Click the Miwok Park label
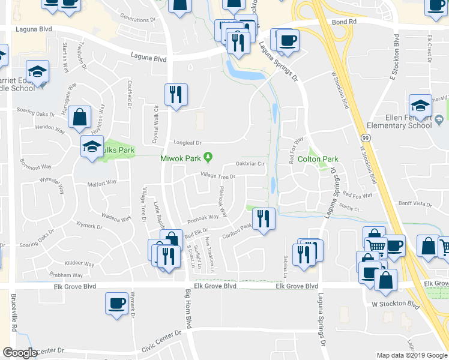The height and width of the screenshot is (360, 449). (x=179, y=158)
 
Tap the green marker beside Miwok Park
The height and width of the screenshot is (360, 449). (x=208, y=158)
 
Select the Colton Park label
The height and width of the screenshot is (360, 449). (x=323, y=159)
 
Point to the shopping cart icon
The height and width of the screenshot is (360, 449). (x=376, y=246)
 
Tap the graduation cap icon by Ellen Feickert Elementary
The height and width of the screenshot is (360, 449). (x=420, y=106)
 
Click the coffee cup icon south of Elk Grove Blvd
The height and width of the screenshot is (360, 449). (x=116, y=302)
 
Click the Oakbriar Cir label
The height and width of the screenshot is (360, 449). (x=250, y=163)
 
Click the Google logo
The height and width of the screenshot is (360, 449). (x=20, y=353)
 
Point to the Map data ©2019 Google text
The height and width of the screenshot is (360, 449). (x=411, y=355)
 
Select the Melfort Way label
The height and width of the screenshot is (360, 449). (x=101, y=185)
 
